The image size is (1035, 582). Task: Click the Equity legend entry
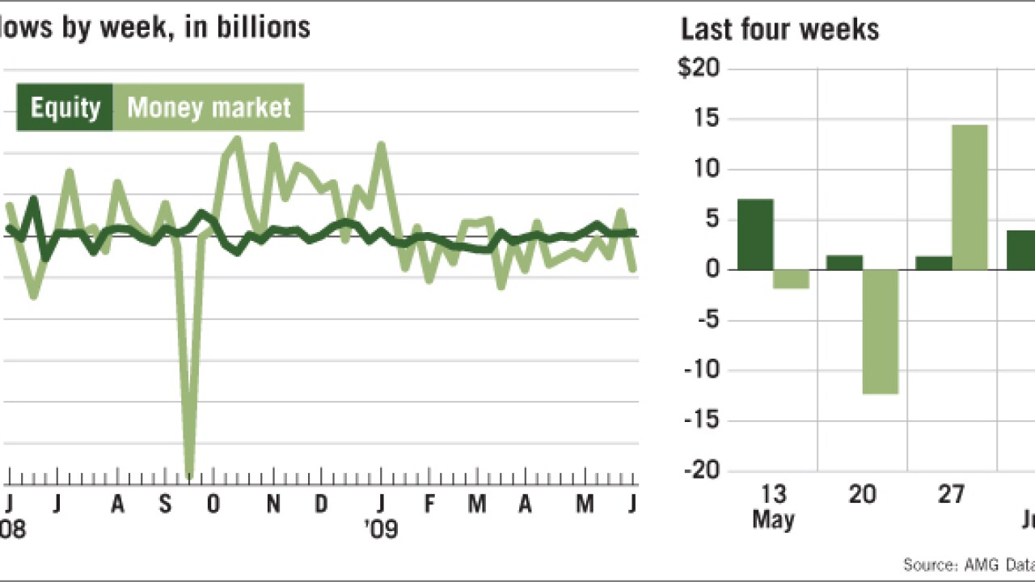coord(65,108)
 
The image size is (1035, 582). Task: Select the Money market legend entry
coord(209,108)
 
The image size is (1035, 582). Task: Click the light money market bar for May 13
coord(791,279)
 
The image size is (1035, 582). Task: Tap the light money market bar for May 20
coord(881,331)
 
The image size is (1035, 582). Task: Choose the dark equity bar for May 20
coord(844,263)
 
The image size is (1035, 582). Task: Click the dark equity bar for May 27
coord(933,263)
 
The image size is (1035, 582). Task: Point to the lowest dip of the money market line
coord(190,475)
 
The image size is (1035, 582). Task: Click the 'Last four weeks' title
coord(779,30)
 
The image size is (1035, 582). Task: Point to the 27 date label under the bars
coord(951,494)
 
